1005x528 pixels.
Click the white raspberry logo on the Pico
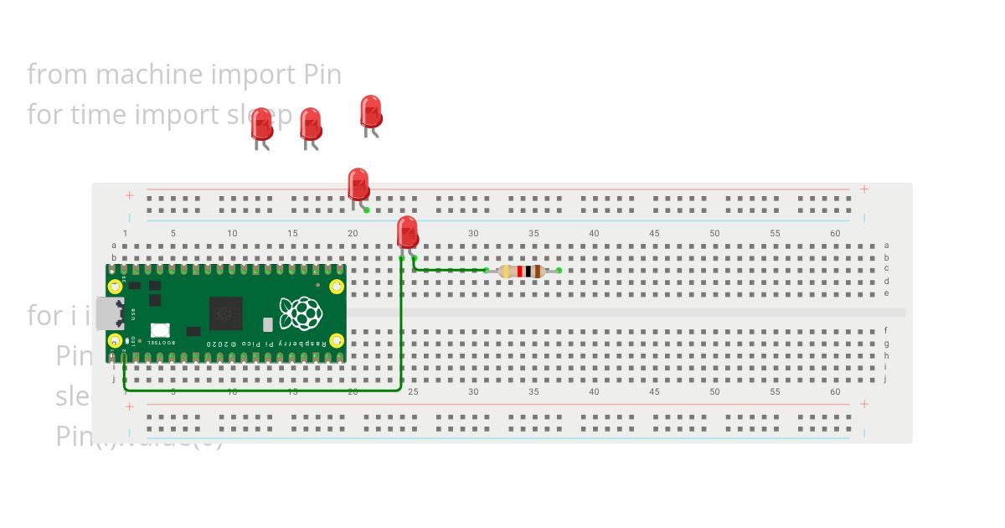301,313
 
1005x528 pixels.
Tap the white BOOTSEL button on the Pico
160,330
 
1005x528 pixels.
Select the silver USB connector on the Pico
108,313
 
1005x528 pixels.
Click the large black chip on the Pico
224,313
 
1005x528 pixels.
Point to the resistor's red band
520,271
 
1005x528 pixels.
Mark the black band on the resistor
528,271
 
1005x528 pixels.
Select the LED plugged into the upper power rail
358,184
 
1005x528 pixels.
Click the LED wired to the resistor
407,231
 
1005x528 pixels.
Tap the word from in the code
58,75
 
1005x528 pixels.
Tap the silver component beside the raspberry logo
268,324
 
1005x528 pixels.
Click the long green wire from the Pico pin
268,390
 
